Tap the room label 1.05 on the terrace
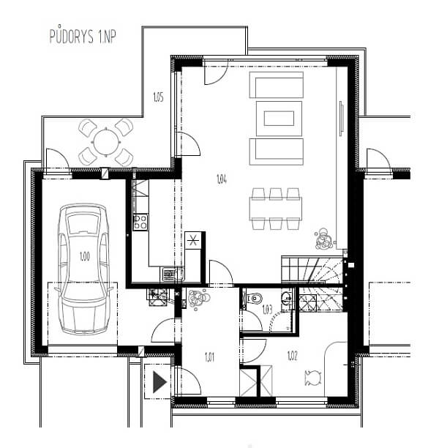pos(158,97)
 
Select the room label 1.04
pos(222,179)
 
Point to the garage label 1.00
pos(85,256)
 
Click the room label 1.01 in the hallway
pos(210,357)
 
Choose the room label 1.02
pos(293,356)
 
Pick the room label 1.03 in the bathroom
pos(267,310)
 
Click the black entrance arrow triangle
pos(160,382)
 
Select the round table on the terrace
pos(106,142)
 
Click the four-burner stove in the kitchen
pos(140,222)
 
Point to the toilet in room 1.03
pos(255,299)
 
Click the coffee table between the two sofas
pos(279,119)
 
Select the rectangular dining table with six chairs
pos(275,209)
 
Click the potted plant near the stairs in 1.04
pos(324,238)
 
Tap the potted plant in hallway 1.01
pos(198,299)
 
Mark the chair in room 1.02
pos(313,378)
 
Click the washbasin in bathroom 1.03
pos(286,299)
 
